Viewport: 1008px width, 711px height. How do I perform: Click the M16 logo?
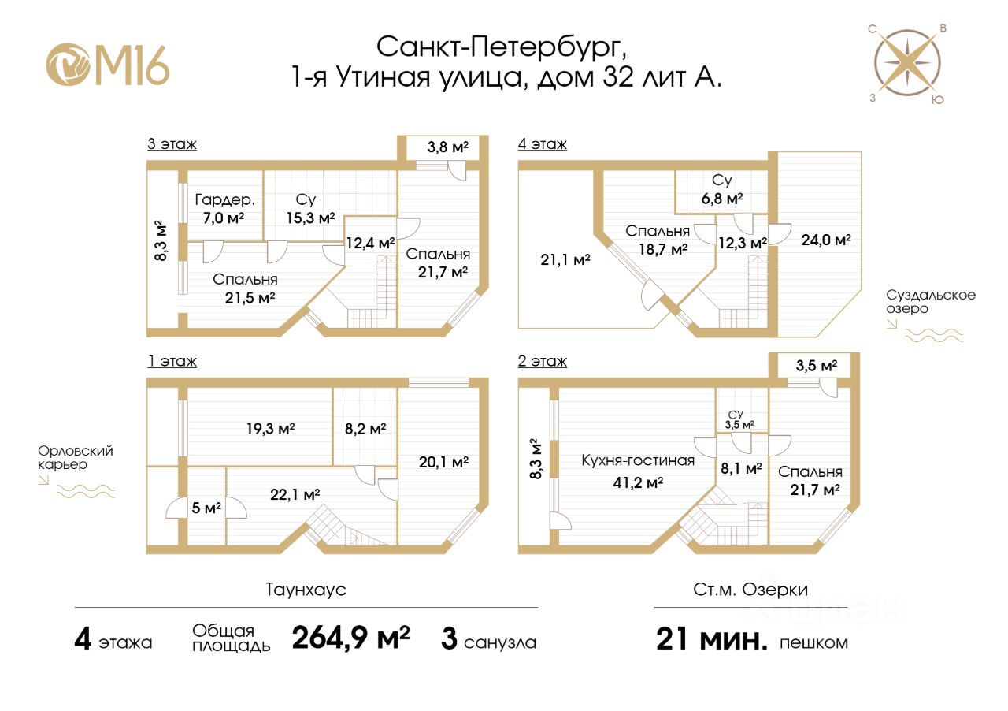click(108, 64)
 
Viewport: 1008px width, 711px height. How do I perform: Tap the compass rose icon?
click(908, 64)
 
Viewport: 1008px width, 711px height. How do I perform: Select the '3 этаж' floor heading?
click(171, 144)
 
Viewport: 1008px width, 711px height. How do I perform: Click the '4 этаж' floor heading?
click(542, 144)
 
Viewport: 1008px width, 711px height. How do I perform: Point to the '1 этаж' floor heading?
click(171, 362)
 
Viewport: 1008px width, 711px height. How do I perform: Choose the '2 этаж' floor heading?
click(542, 362)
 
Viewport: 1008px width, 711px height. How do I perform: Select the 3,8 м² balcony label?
click(447, 147)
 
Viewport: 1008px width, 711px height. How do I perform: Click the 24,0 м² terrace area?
click(826, 240)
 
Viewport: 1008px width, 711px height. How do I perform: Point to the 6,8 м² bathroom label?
click(721, 199)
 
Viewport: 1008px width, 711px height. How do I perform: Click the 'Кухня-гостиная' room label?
click(638, 460)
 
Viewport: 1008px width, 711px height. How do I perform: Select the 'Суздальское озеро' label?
click(931, 302)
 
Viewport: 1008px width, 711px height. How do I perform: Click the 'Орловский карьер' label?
click(76, 458)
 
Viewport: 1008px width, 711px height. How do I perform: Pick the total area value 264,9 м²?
click(350, 638)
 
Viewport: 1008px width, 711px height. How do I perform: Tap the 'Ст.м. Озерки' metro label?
click(750, 590)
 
